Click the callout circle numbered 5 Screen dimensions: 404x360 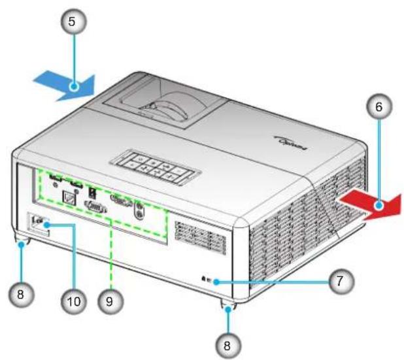73,22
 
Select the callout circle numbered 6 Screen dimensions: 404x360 379,106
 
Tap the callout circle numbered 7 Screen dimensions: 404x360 341,281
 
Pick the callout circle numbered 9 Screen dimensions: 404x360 110,301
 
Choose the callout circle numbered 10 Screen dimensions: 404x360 73,301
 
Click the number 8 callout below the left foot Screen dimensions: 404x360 21,294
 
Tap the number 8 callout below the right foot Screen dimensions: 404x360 228,346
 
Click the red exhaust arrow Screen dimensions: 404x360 371,204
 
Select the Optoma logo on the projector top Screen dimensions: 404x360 290,143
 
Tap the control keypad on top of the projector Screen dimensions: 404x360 156,168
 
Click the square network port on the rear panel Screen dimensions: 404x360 69,198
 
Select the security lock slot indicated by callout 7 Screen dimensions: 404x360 207,280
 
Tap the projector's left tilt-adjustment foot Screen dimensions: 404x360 22,240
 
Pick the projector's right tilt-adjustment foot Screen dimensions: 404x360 228,303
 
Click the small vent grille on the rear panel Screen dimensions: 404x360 200,238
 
